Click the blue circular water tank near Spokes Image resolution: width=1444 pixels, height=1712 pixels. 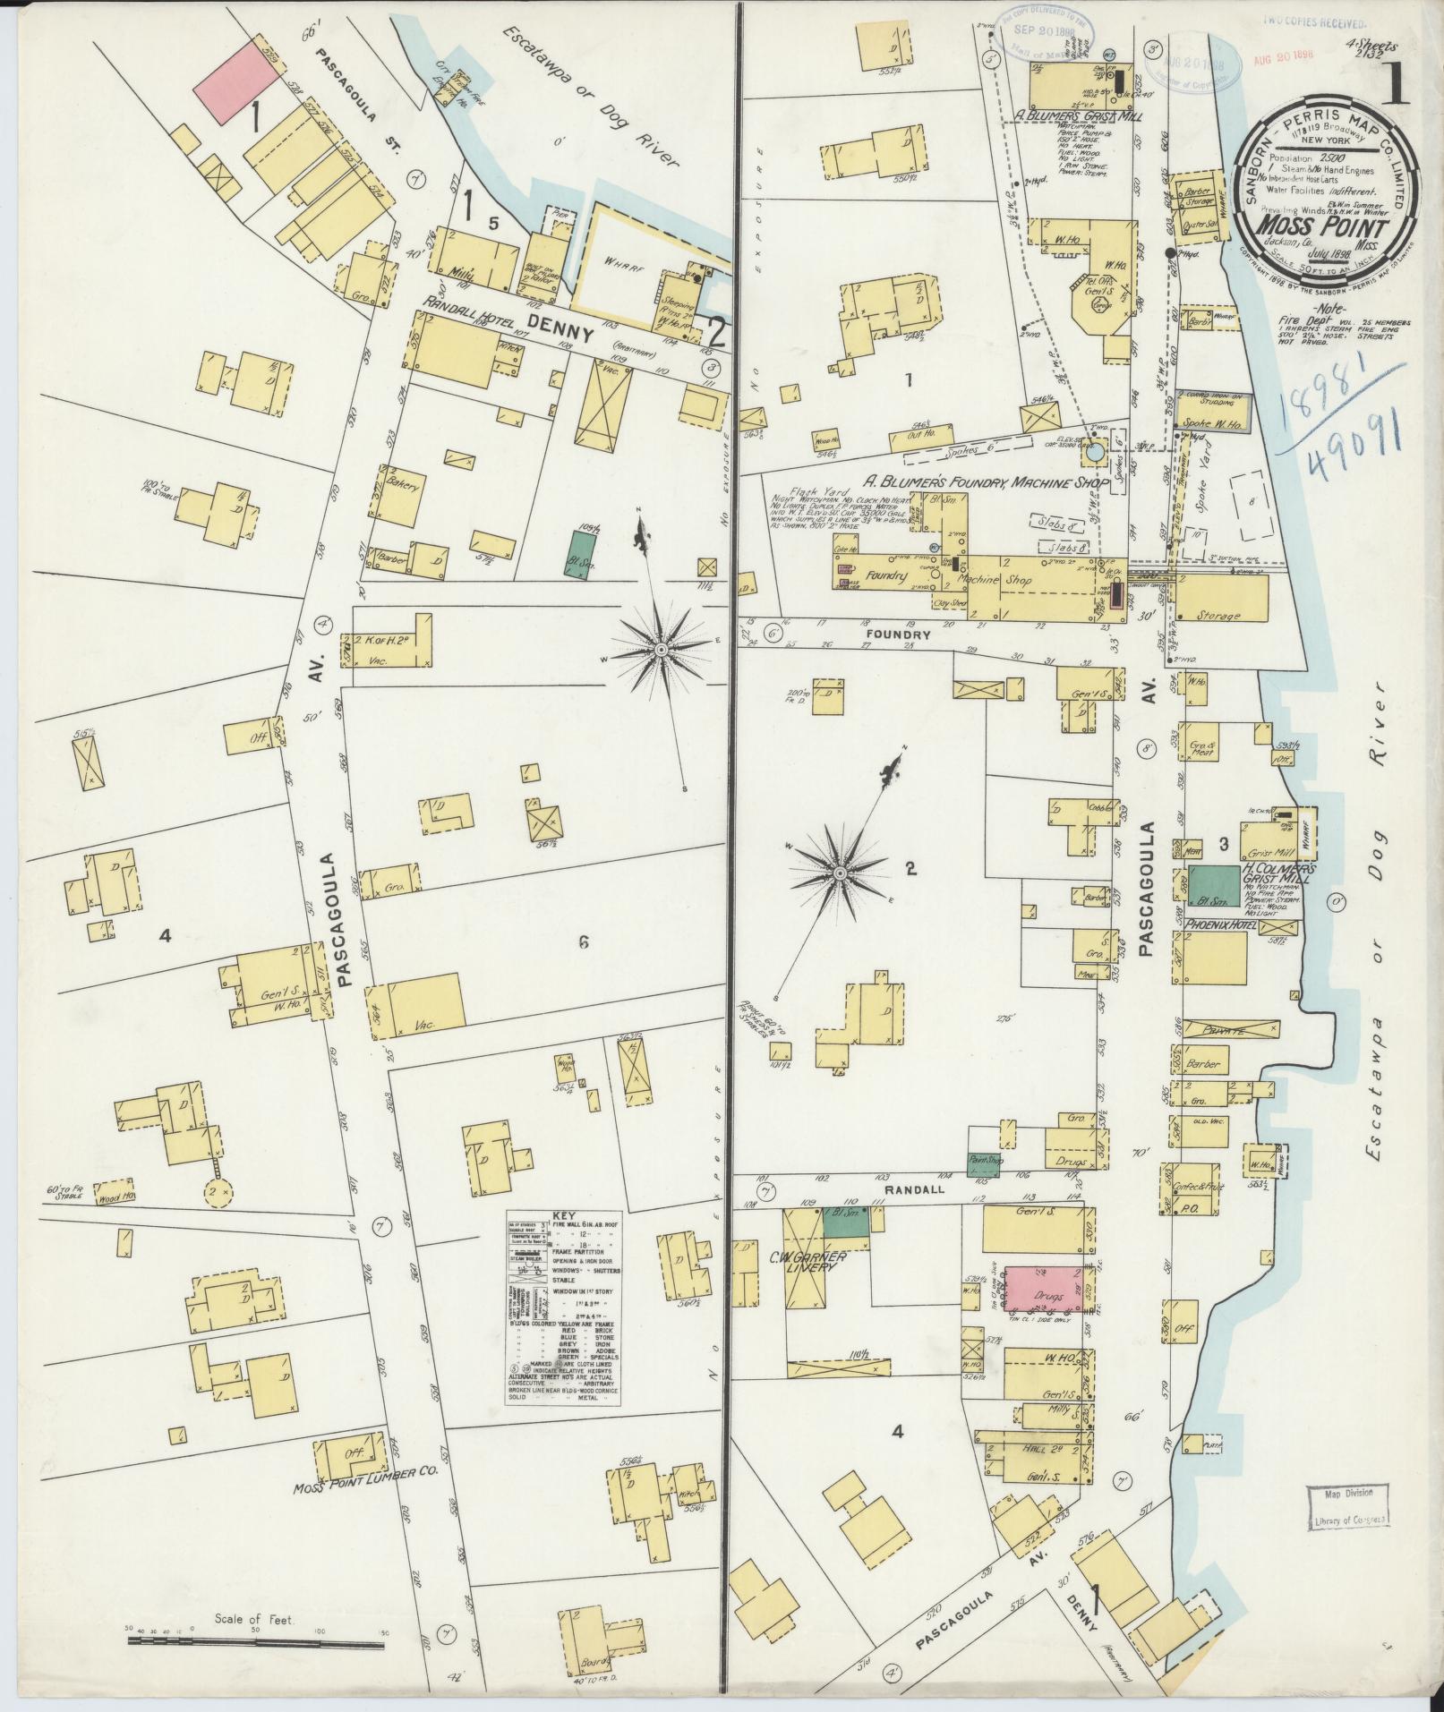[1096, 454]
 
